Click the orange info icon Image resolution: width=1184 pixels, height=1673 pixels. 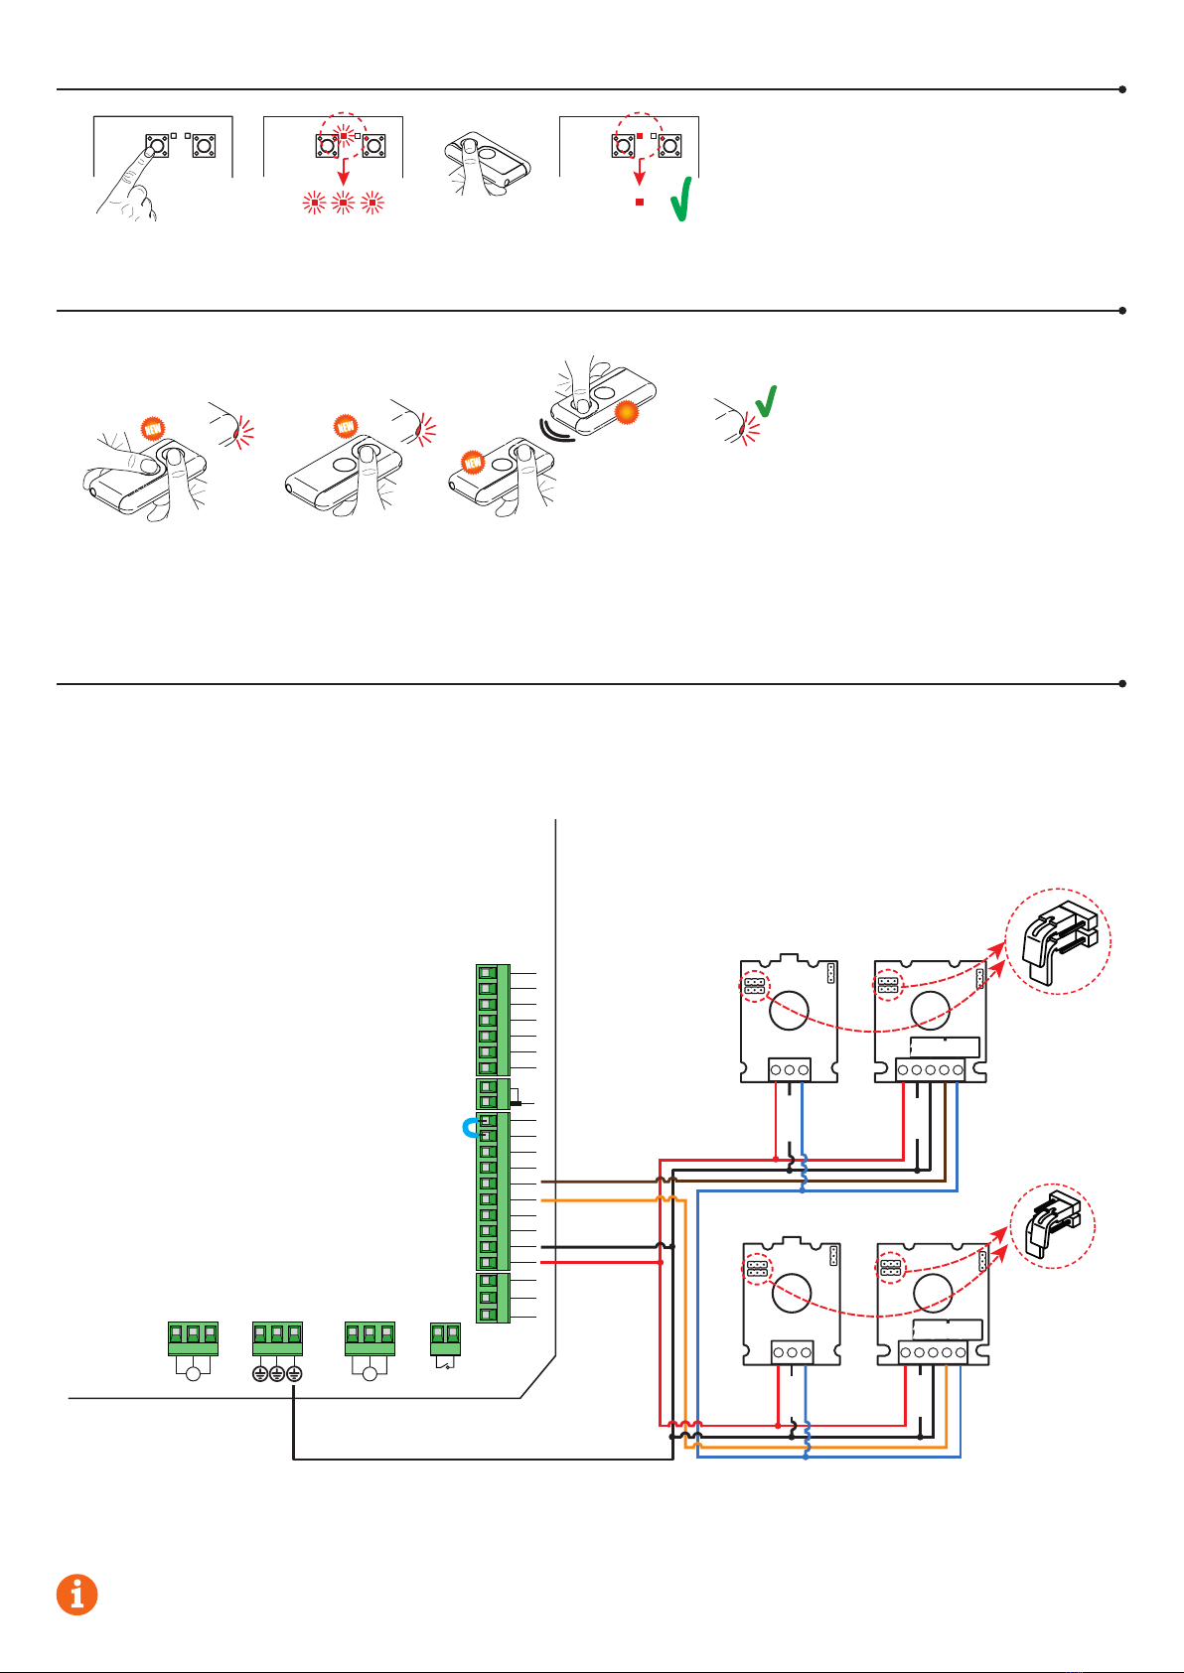tap(76, 1595)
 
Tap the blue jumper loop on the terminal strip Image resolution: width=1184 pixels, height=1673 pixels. tap(471, 1128)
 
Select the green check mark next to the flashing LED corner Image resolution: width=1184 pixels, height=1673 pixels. tap(766, 400)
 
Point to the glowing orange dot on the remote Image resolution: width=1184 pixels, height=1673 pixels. tap(626, 411)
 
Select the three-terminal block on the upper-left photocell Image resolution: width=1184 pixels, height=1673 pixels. tap(790, 1070)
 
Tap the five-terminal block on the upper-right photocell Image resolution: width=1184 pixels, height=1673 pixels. tap(930, 1069)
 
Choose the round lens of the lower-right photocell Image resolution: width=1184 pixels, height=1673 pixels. tap(933, 1291)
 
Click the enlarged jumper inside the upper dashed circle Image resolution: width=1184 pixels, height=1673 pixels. tap(1056, 940)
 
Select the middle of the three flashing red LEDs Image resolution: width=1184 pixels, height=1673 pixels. tap(343, 205)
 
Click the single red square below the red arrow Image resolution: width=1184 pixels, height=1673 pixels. tap(640, 202)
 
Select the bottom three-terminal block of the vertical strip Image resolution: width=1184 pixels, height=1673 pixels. tap(493, 1298)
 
